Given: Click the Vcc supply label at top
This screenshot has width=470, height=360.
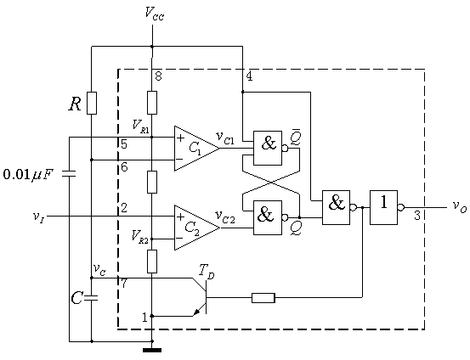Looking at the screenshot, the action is pos(155,14).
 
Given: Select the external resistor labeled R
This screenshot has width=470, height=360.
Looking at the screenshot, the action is pos(92,103).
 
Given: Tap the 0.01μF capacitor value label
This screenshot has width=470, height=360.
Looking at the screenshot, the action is pos(28,175).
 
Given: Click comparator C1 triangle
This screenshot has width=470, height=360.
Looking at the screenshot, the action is pos(197,149).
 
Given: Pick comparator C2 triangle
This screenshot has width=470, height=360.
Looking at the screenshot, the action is pos(197,228).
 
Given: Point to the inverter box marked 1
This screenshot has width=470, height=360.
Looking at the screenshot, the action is pos(383,207).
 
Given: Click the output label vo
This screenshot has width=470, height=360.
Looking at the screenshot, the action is pos(459,206).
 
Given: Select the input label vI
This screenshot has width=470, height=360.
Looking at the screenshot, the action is pos(39,217).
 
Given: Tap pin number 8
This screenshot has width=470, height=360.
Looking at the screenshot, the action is pos(158,76).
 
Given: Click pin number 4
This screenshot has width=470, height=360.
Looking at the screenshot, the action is pos(249,76).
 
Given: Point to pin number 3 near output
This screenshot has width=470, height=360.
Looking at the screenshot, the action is pos(417,216).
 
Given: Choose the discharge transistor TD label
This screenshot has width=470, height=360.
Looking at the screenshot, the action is pos(207,272).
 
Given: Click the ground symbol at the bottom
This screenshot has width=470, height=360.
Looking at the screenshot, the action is pos(152,350).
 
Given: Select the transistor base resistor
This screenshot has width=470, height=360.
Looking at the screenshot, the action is pos(263,298).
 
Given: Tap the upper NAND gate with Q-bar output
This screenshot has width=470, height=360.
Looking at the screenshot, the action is pos(268,148).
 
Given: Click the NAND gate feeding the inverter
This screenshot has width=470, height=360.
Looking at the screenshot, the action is pos(336,207).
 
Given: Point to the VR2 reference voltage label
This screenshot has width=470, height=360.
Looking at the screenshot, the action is pos(140,237).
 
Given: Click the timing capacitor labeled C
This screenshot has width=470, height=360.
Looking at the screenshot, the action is pos(92,297).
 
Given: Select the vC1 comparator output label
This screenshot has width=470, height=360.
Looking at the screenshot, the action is pos(225,138).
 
